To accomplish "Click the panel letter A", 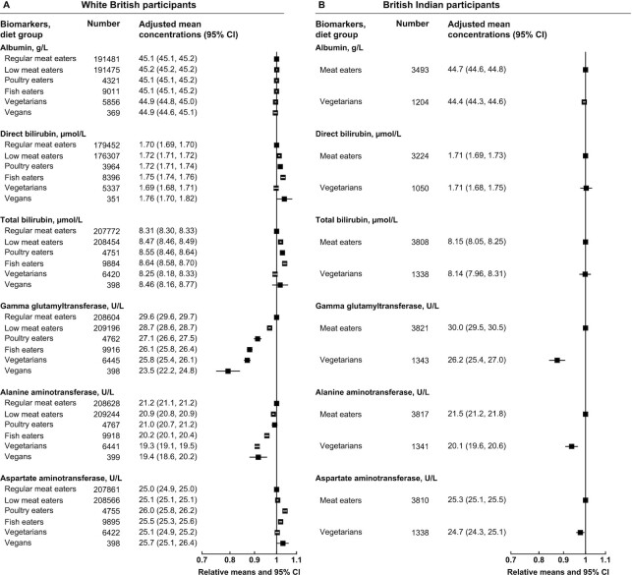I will pos(6,6).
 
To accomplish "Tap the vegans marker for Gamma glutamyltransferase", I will pos(228,371).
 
